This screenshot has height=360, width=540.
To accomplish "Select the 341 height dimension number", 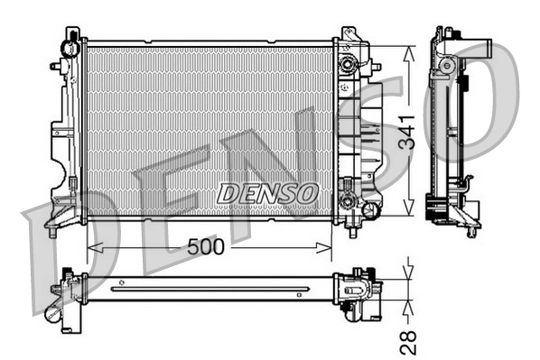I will click(408, 133).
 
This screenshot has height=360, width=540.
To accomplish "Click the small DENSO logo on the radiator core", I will click(267, 192).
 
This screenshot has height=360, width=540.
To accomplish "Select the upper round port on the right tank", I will click(346, 65).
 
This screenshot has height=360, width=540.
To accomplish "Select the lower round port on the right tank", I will click(346, 200).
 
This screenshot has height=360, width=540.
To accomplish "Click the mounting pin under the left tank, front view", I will click(53, 231).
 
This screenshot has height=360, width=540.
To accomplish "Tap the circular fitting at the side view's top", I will click(445, 64).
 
